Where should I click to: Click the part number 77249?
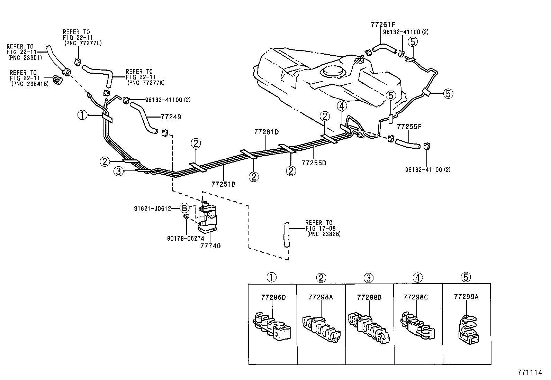coord(171,117)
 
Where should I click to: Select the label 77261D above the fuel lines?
coord(266,132)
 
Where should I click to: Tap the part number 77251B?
coord(224,184)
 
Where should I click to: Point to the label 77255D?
coord(314,163)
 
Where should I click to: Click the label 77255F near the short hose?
coord(409,127)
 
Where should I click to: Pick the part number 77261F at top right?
coord(382,25)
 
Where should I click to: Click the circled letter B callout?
coord(185,208)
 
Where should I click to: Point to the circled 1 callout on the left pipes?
coord(82,115)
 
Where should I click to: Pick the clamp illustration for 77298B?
coord(369,328)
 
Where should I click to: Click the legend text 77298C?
coord(416,297)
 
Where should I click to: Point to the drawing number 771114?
coord(530,372)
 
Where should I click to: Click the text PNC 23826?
coord(324,234)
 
